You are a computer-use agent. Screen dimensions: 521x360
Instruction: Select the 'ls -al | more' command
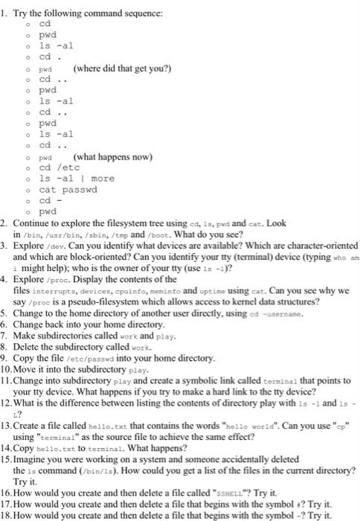click(77, 179)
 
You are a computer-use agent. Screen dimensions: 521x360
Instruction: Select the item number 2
click(5, 223)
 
